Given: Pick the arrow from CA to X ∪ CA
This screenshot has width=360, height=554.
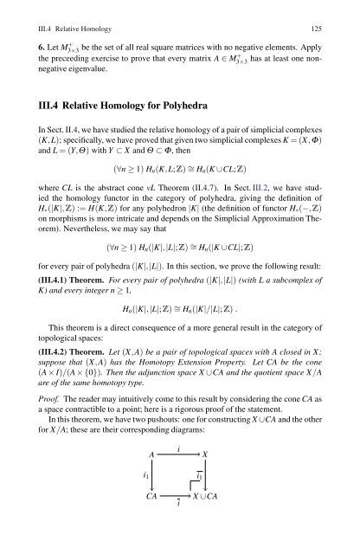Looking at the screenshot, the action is click(179, 522).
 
